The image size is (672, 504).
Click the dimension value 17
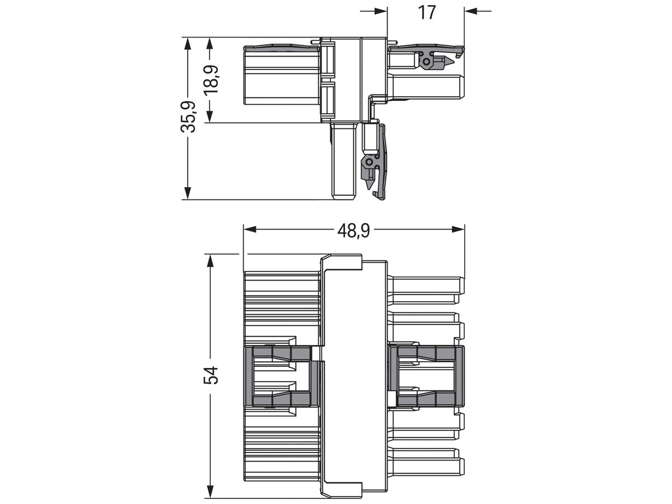(427, 12)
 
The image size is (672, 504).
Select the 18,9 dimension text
(211, 80)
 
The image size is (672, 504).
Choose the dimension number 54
(211, 375)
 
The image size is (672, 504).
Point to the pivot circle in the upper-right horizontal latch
(427, 60)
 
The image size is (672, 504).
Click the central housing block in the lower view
(354, 375)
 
